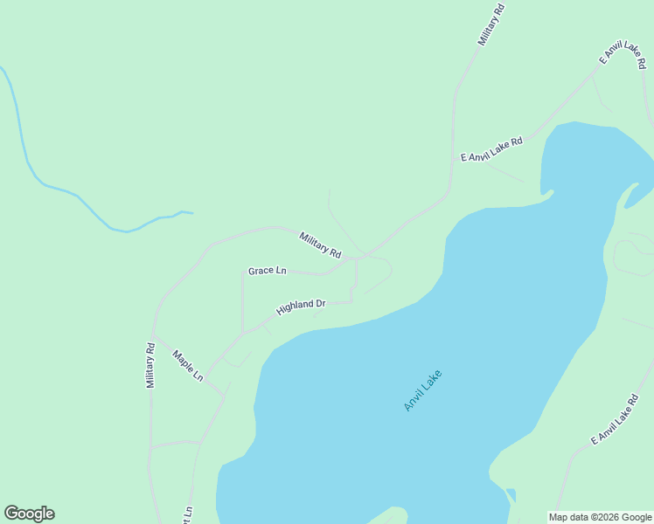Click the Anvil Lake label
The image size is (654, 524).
(x=423, y=390)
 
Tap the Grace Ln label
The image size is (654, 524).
(x=268, y=271)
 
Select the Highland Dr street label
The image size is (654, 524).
(x=301, y=307)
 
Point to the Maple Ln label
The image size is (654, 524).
(x=188, y=366)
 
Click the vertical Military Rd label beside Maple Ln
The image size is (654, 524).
(x=150, y=365)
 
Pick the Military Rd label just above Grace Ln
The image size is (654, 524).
(x=320, y=245)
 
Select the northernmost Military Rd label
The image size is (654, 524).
(x=491, y=24)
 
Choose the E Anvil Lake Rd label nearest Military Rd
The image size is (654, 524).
(x=491, y=149)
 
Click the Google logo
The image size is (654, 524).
(x=29, y=514)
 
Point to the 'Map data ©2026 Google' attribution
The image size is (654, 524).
(x=601, y=517)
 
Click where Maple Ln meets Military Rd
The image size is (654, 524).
(x=155, y=338)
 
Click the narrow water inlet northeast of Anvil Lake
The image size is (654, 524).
(x=638, y=194)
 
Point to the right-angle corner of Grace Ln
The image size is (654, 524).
(x=242, y=272)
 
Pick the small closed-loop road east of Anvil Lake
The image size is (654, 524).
(x=632, y=257)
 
